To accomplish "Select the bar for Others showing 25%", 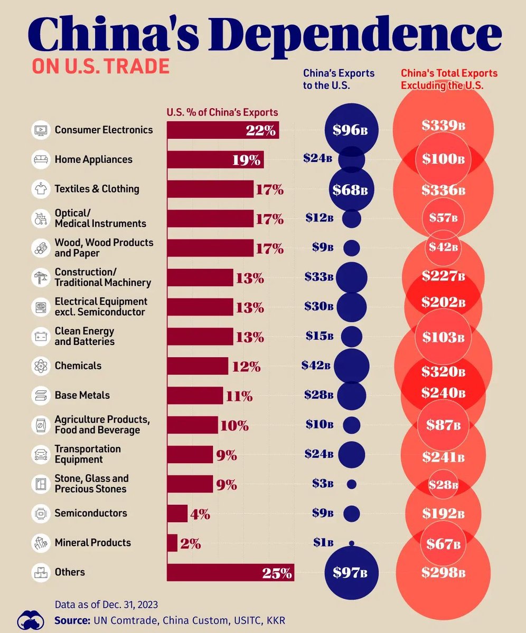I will coord(230,572).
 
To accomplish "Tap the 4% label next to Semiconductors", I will coord(200,514).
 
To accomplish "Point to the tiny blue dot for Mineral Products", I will coord(352,543).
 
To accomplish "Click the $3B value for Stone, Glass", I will coord(322,484).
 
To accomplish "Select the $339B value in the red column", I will coord(444,126).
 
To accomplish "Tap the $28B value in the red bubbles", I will coord(443,485).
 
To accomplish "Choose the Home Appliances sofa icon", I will coord(40,159).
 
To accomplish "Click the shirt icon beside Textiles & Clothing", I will coord(40,189).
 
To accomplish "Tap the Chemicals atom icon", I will coord(40,366).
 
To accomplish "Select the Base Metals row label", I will coord(82,395).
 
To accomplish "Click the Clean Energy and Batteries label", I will coord(84,336).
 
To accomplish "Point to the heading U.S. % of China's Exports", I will coord(222,112).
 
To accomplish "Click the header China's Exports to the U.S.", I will coord(339,79).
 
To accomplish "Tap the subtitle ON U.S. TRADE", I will coord(100,66).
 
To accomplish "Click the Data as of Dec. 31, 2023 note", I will coord(106,604).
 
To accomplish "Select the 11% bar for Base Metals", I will coord(195,396).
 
